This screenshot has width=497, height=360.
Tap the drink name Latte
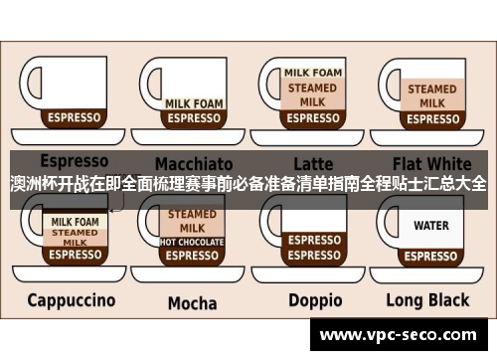(x=313, y=163)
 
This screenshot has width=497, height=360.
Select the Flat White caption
(x=432, y=162)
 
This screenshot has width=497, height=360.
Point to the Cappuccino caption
(x=71, y=299)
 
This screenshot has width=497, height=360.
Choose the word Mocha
(x=192, y=302)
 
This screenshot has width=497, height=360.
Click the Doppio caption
(x=315, y=299)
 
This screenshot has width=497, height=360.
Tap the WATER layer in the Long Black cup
(x=431, y=226)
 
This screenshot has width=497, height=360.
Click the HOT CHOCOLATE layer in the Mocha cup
(x=193, y=242)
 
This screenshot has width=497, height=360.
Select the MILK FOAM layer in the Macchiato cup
(x=193, y=102)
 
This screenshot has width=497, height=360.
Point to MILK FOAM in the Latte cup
(x=314, y=73)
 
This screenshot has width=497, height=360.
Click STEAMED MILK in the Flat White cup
(x=432, y=95)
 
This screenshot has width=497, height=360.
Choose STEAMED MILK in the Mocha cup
(x=193, y=221)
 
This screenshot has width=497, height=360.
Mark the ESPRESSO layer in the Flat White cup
(x=432, y=118)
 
